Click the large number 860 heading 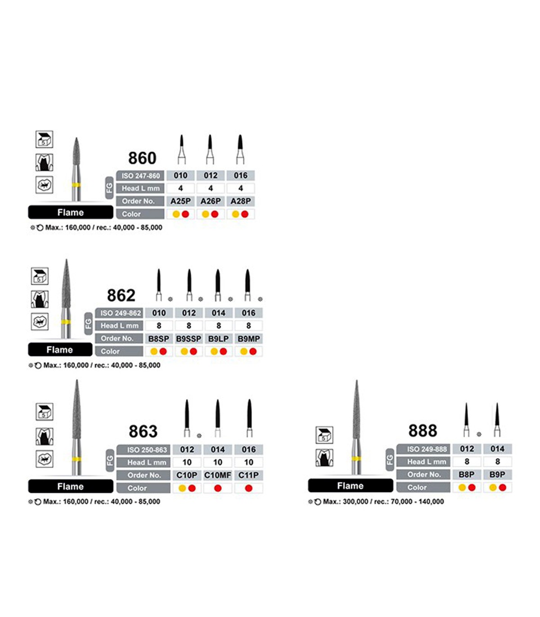click(x=142, y=158)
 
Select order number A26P click(x=211, y=201)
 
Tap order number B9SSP click(x=189, y=339)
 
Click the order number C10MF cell click(x=217, y=475)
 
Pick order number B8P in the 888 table click(x=467, y=474)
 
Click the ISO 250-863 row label click(x=144, y=450)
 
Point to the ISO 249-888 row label click(x=423, y=449)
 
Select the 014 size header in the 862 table click(x=218, y=313)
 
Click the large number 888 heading click(x=423, y=430)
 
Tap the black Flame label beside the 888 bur click(x=351, y=486)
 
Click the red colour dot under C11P click(x=248, y=488)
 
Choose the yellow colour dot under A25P click(x=176, y=214)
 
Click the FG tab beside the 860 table click(x=109, y=188)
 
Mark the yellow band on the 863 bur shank click(x=76, y=459)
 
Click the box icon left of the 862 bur click(x=40, y=276)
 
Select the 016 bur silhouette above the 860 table click(x=240, y=149)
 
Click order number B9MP click(x=248, y=339)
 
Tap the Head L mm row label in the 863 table click(x=147, y=462)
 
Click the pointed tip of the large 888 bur click(x=356, y=380)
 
